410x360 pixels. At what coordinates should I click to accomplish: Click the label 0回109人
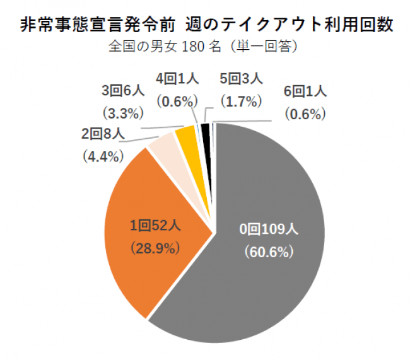(269, 228)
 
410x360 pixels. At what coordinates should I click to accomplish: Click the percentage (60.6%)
(269, 252)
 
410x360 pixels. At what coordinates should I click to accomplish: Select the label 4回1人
(178, 79)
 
